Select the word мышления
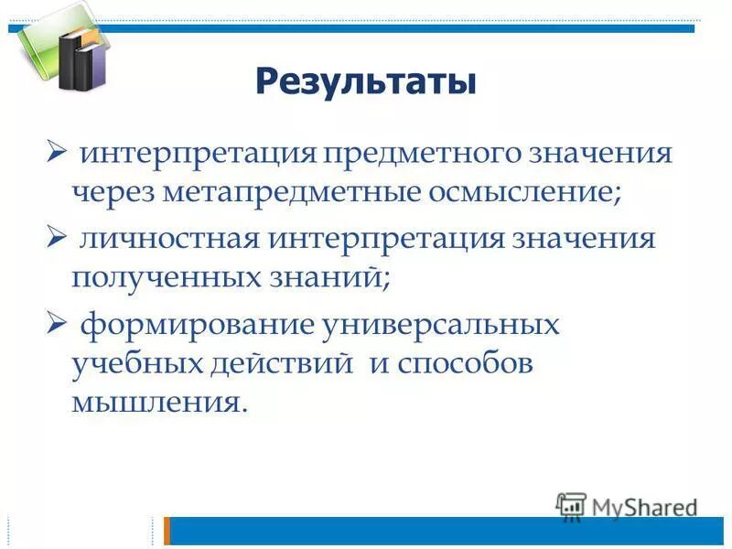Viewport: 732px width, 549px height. [159, 404]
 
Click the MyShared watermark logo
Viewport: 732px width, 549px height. [628, 506]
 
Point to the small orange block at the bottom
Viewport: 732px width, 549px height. [167, 531]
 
